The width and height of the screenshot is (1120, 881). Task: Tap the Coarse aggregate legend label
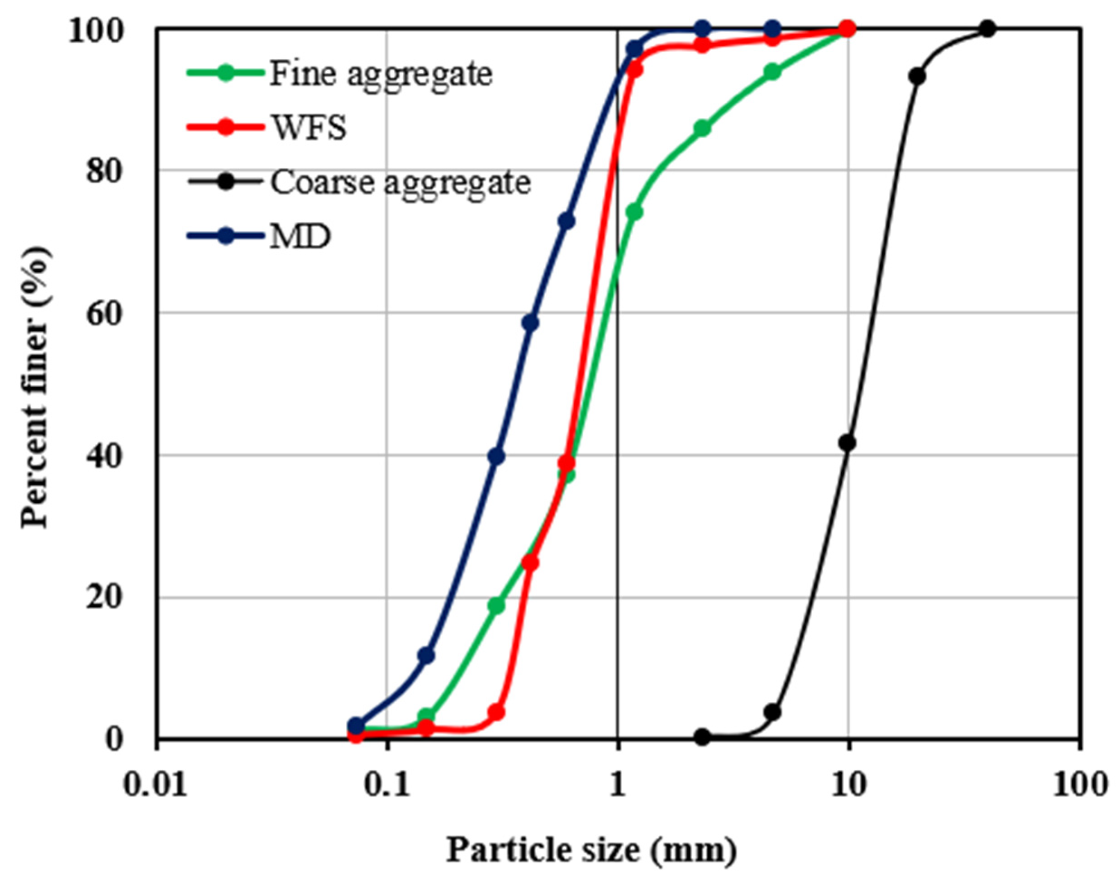pos(400,183)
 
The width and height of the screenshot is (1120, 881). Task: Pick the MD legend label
pos(300,238)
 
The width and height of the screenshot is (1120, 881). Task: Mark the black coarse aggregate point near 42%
pos(847,443)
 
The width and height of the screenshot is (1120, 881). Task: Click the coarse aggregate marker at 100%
pos(987,29)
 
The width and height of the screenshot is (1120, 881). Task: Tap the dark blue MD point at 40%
pos(496,457)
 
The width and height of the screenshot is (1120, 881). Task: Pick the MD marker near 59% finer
pos(530,324)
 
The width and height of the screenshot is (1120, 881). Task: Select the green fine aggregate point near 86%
pos(702,129)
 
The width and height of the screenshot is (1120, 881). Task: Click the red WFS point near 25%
pos(530,563)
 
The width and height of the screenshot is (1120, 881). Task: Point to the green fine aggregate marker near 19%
pos(496,606)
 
